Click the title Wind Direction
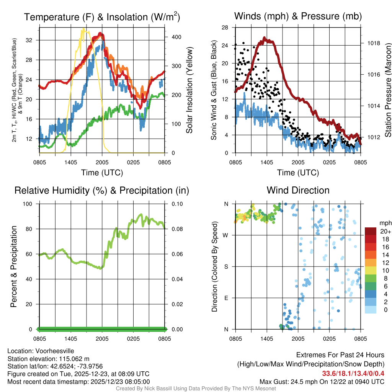pyautogui.click(x=298, y=190)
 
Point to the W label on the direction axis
pyautogui.click(x=226, y=235)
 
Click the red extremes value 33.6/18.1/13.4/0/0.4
pyautogui.click(x=353, y=373)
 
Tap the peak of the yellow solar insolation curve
pyautogui.click(x=83, y=29)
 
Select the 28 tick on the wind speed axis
pyautogui.click(x=225, y=28)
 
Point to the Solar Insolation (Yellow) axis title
pyautogui.click(x=189, y=90)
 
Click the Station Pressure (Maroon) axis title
pyautogui.click(x=388, y=90)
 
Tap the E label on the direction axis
pyautogui.click(x=226, y=298)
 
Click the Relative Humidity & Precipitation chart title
pyautogui.click(x=102, y=190)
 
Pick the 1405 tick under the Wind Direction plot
pyautogui.click(x=266, y=338)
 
